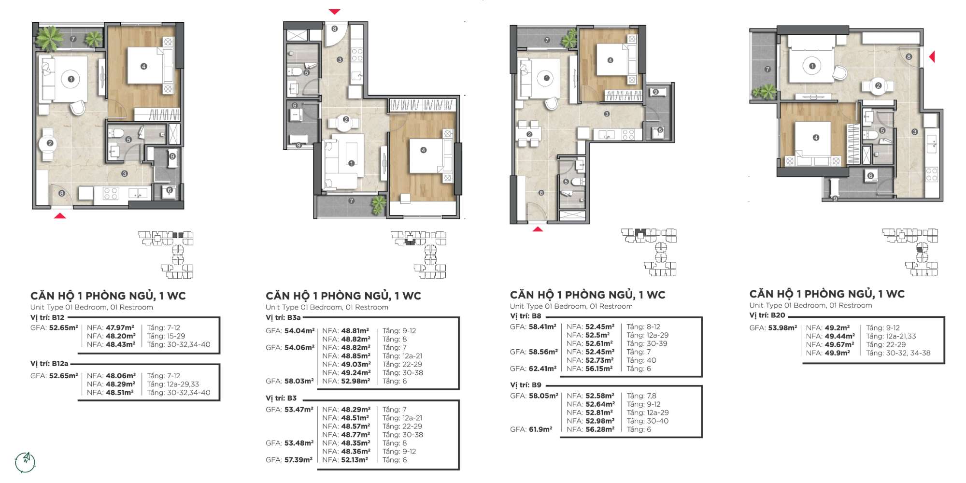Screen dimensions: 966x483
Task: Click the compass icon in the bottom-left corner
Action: (x=25, y=462)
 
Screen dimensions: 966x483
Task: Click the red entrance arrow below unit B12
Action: (x=60, y=215)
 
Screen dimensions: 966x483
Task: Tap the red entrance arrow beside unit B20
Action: (x=932, y=57)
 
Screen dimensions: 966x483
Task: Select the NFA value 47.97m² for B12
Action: (x=120, y=327)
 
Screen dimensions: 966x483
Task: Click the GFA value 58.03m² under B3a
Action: (x=299, y=381)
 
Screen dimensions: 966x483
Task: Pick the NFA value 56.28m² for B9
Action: (x=600, y=429)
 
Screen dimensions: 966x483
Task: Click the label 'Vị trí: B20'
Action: (x=767, y=315)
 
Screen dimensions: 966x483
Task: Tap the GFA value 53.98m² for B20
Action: (x=782, y=327)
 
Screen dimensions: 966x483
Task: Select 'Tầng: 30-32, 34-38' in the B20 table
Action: (x=898, y=353)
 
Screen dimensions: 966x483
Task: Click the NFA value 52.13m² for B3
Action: (x=355, y=460)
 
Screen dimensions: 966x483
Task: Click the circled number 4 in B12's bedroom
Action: (x=143, y=66)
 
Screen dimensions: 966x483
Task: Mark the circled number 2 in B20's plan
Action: (x=878, y=85)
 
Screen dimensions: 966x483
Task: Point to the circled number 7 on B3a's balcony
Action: (x=351, y=200)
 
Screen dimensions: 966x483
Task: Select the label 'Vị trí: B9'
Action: (x=526, y=385)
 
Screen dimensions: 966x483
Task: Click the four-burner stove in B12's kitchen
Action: (x=111, y=194)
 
